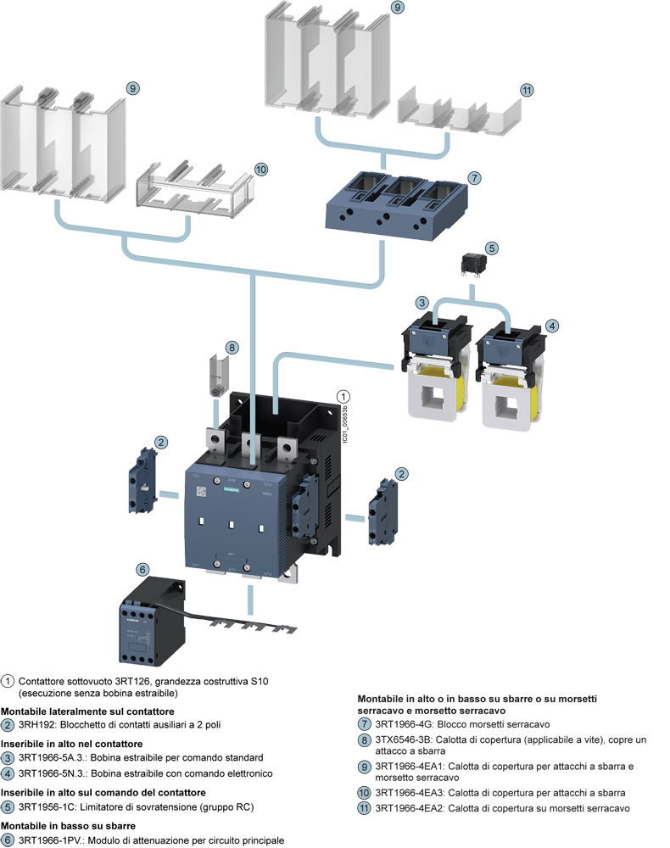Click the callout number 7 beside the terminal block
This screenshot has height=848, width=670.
[474, 178]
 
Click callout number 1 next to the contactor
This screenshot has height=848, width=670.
[343, 396]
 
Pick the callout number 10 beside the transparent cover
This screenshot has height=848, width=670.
[261, 170]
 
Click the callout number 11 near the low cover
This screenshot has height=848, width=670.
[527, 90]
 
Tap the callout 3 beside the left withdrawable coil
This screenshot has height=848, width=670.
[422, 303]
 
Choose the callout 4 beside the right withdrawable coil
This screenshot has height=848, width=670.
[552, 325]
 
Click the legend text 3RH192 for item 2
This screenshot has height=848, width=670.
[37, 725]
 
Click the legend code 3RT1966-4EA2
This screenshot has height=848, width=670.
[410, 809]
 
